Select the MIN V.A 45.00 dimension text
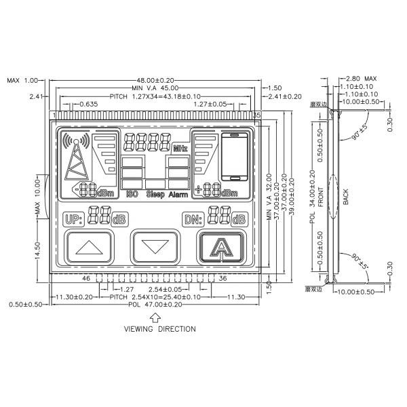[x=155, y=88]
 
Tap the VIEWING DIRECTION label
[x=159, y=329]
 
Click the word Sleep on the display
[x=155, y=195]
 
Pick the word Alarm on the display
[x=178, y=195]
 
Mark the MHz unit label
[x=179, y=147]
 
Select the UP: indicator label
[x=73, y=219]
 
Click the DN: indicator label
[x=193, y=219]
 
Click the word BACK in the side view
[x=345, y=197]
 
